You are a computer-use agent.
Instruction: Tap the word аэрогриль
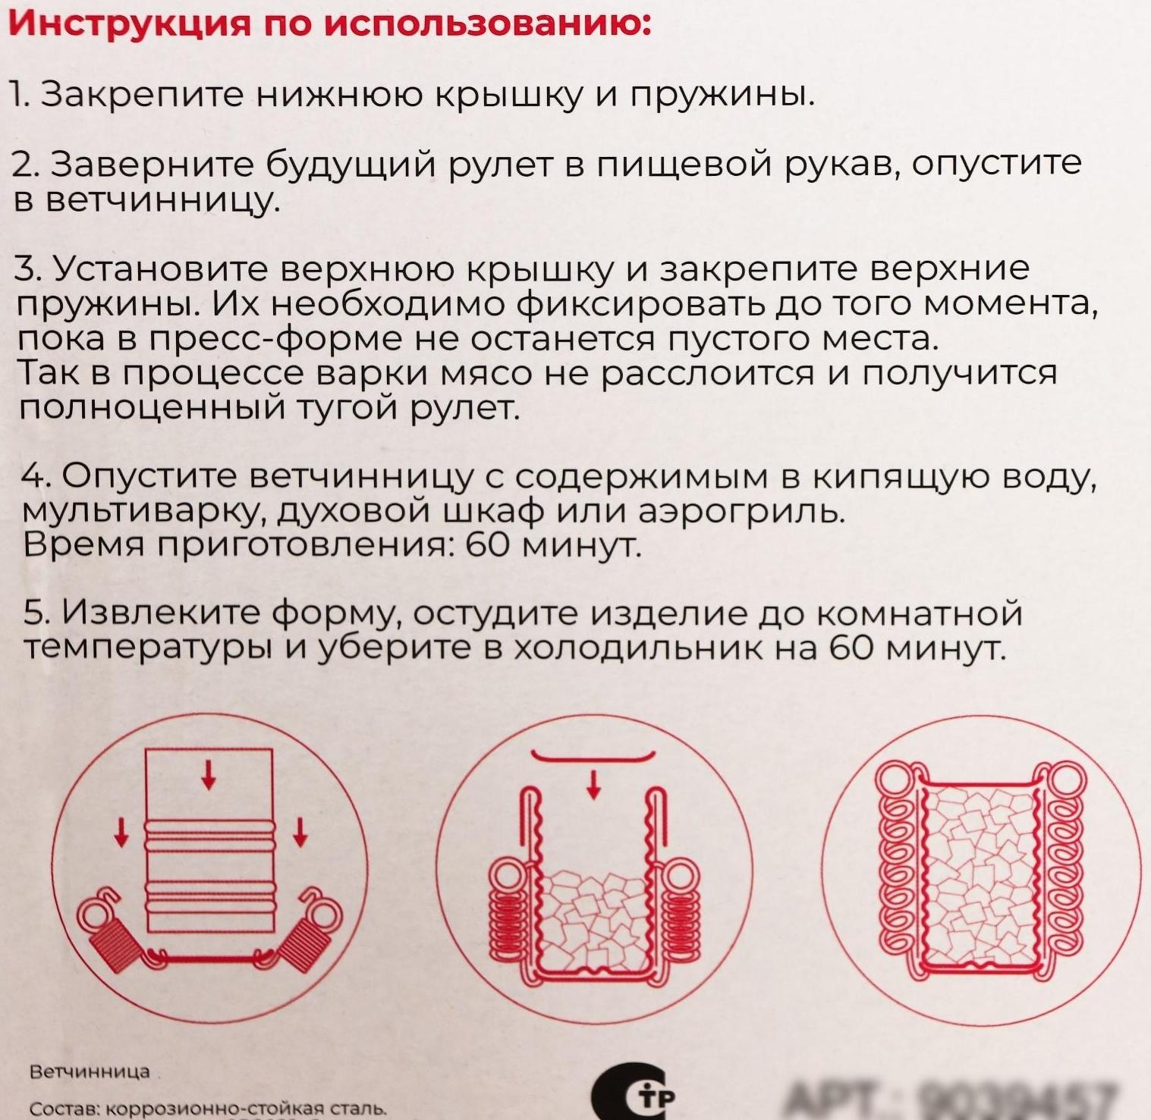(x=741, y=513)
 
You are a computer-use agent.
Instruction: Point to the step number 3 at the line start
(x=27, y=268)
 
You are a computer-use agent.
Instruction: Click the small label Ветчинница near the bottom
(x=90, y=1071)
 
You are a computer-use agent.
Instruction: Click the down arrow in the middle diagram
(x=594, y=783)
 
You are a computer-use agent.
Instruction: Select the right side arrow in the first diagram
(x=300, y=831)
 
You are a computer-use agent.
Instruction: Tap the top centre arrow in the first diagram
(x=209, y=774)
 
